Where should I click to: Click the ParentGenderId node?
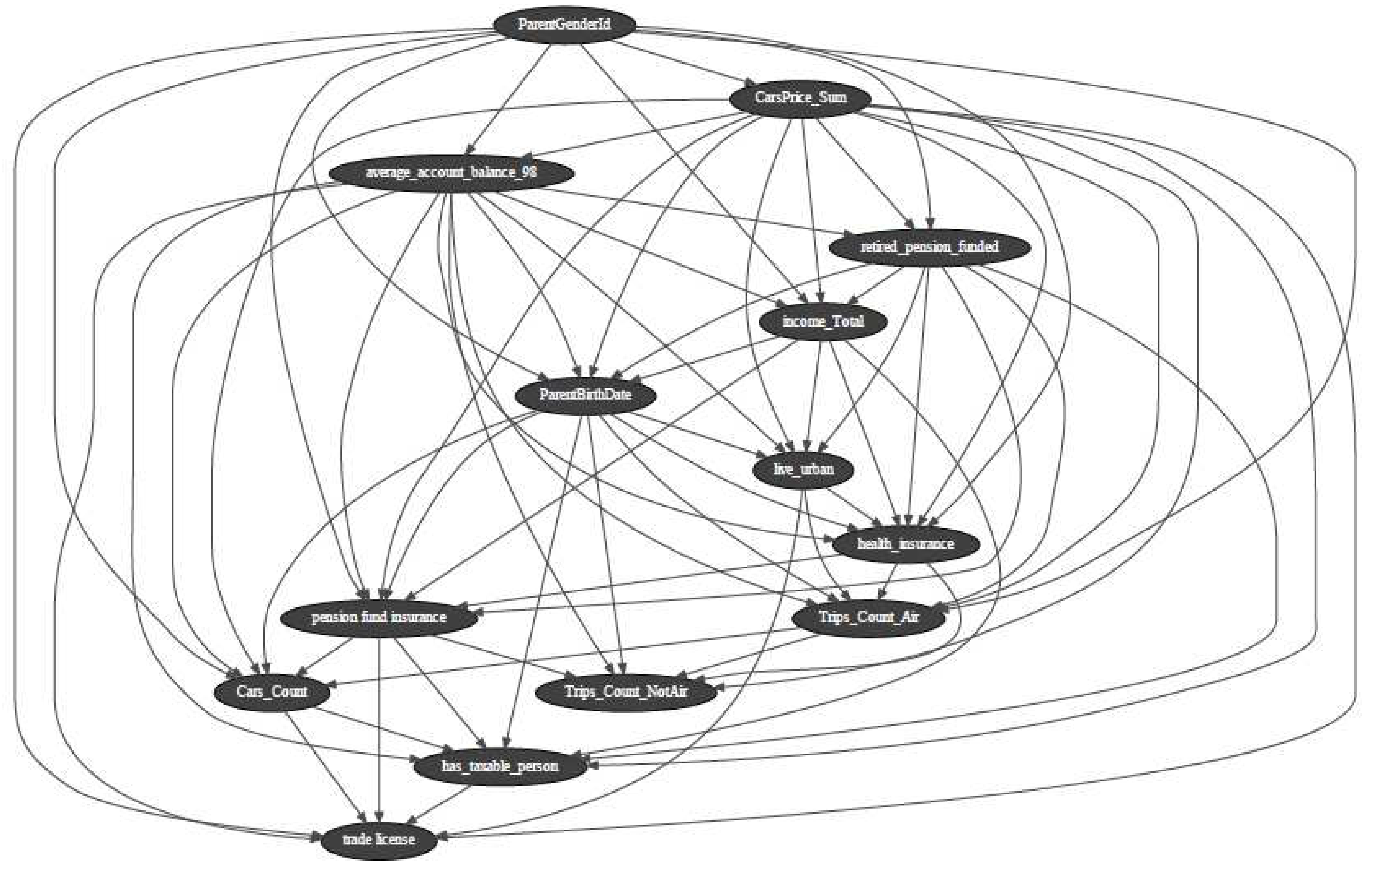click(564, 25)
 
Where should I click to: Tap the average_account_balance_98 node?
click(451, 172)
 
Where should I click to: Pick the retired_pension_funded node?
click(929, 247)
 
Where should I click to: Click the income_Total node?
click(823, 321)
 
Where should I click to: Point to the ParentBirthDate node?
click(585, 394)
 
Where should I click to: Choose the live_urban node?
click(804, 469)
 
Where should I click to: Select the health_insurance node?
click(906, 543)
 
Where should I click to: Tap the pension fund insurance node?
click(378, 617)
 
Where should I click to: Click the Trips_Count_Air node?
click(869, 617)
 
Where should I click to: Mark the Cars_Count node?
click(272, 692)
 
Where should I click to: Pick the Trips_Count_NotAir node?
click(626, 692)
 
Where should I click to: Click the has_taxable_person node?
click(500, 766)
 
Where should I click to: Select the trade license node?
click(379, 840)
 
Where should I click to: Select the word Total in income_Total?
click(847, 321)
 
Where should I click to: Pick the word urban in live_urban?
click(817, 469)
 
